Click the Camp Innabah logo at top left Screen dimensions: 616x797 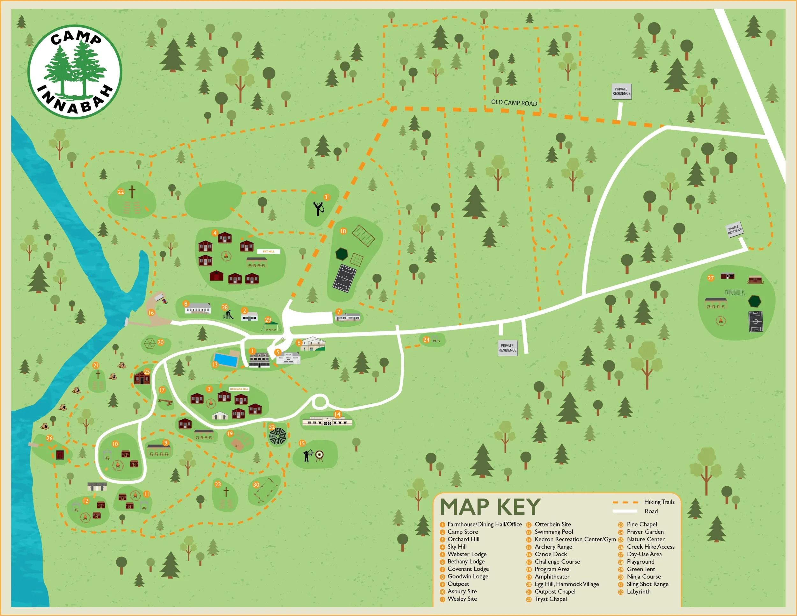point(75,71)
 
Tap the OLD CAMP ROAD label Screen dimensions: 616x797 point(514,103)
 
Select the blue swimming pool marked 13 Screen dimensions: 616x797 point(226,359)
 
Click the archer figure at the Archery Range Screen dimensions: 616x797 point(308,455)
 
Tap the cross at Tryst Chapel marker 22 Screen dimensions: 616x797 point(132,192)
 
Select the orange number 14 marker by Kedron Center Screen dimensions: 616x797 point(337,414)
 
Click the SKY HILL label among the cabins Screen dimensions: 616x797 point(268,251)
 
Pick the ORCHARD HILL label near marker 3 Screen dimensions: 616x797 point(239,389)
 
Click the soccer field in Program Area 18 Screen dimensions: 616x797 point(344,278)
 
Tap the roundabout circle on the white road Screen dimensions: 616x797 point(320,402)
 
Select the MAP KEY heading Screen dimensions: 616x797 point(490,507)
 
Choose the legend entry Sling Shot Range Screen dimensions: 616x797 point(647,584)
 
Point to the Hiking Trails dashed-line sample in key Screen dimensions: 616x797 point(625,502)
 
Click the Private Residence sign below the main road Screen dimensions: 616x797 point(507,348)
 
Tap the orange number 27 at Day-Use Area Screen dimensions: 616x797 point(711,278)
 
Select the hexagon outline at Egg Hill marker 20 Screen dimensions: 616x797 point(149,343)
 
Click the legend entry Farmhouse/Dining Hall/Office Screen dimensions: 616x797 point(484,524)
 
